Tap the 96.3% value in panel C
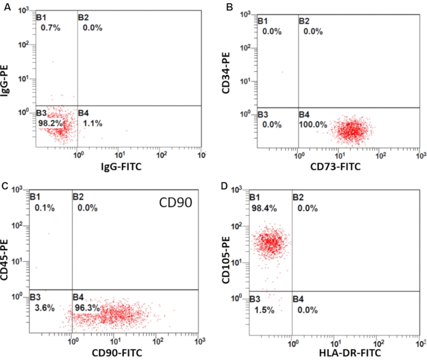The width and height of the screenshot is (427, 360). pyautogui.click(x=87, y=309)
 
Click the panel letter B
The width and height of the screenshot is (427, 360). pyautogui.click(x=230, y=7)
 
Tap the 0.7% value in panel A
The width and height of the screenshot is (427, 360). pyautogui.click(x=51, y=28)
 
